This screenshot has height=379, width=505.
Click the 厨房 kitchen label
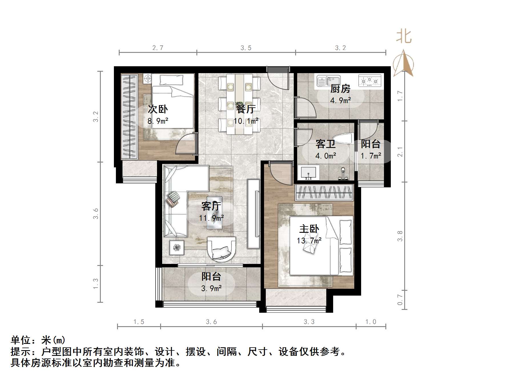click(340, 89)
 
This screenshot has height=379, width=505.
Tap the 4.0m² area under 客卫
click(325, 156)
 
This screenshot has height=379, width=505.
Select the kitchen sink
click(328, 81)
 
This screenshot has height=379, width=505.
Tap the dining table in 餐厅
click(239, 104)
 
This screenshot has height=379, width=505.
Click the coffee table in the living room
click(214, 212)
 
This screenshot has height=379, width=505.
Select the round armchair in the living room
click(222, 248)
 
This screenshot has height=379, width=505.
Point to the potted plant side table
click(177, 247)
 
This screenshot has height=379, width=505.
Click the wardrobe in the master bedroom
click(325, 192)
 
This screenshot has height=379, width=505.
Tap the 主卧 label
click(309, 229)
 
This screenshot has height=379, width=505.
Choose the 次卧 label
click(158, 109)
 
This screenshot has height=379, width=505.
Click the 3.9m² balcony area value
click(211, 288)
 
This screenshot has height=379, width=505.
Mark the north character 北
click(404, 37)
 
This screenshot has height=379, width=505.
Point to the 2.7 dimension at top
click(158, 48)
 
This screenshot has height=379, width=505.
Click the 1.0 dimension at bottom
click(371, 322)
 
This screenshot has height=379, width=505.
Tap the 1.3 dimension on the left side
click(96, 283)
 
